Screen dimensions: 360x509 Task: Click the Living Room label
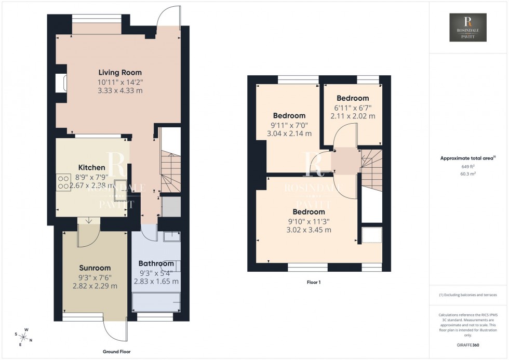point(120,73)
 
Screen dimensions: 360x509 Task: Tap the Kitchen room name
point(92,168)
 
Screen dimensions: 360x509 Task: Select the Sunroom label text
point(96,268)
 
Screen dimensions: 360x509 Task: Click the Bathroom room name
point(157,264)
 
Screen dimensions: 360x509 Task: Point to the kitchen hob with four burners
point(63,181)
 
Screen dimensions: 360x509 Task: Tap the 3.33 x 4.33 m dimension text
point(120,90)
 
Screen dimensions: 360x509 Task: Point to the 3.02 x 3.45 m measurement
point(309,230)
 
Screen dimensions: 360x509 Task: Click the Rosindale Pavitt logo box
point(468,28)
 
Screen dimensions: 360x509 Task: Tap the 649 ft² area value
point(468,166)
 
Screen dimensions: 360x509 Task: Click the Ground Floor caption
point(116,352)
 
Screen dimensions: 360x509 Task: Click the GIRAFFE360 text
point(468,345)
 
